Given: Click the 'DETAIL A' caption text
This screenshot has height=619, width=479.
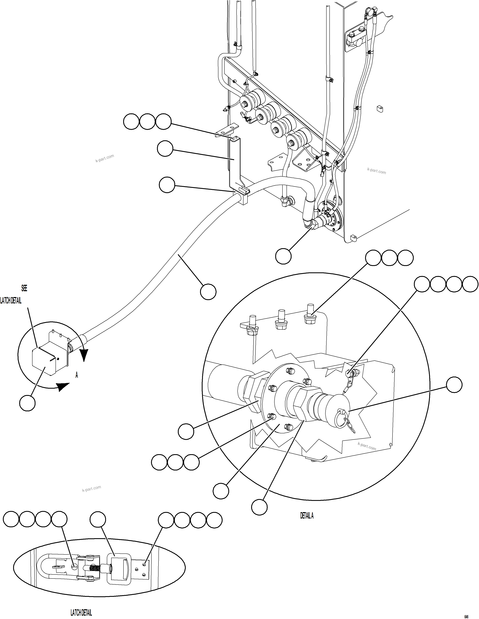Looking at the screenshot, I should (x=307, y=516).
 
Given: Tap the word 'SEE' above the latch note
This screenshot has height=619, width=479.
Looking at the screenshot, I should (x=24, y=288).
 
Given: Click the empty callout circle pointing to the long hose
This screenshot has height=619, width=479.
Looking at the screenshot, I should (x=208, y=292).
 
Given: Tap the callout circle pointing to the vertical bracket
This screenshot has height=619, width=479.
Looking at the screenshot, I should (x=165, y=149).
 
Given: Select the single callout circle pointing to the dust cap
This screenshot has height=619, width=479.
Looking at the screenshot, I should (x=454, y=385).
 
